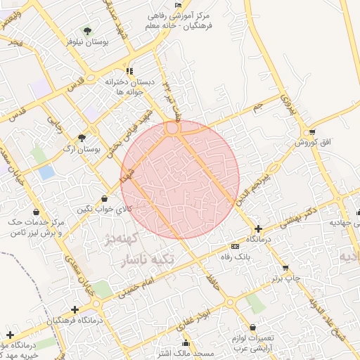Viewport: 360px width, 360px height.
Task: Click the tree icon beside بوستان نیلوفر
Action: click(x=87, y=30)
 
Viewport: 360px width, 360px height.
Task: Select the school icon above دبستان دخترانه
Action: click(x=129, y=71)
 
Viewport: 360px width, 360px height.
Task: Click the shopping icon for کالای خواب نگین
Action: click(x=105, y=198)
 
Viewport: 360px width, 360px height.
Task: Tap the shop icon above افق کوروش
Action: click(x=311, y=132)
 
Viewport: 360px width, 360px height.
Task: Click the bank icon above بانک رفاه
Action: click(x=234, y=246)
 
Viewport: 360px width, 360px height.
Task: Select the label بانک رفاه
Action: click(x=235, y=257)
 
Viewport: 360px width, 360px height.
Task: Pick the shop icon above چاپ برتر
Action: click(x=285, y=268)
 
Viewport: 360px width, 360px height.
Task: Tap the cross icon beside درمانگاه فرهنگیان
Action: click(x=74, y=309)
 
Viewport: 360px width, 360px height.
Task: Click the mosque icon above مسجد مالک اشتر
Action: click(x=186, y=343)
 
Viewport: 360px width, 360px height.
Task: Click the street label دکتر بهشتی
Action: click(x=299, y=219)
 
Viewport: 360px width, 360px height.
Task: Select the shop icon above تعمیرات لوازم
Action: click(x=252, y=328)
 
